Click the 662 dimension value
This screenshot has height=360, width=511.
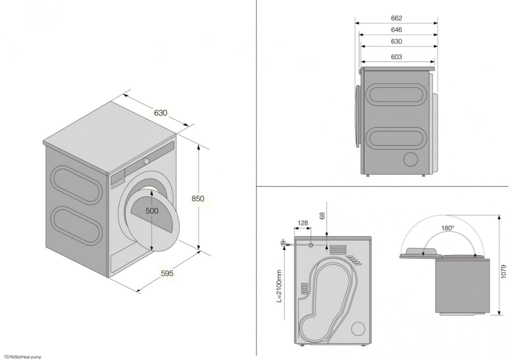click(396, 18)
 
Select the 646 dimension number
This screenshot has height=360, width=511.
click(396, 30)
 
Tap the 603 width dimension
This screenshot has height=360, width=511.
click(396, 57)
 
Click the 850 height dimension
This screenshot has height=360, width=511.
click(198, 198)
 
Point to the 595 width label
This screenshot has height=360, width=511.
click(167, 273)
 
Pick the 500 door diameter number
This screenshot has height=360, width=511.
click(152, 211)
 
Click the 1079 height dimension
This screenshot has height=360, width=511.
click(504, 271)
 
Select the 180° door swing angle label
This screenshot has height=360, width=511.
click(448, 228)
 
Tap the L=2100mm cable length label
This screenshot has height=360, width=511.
click(279, 286)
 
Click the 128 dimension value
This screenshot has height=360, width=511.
click(303, 223)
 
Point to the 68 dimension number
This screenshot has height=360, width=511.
click(322, 215)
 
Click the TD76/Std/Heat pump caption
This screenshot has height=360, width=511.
click(23, 357)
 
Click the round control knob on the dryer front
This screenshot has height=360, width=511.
click(146, 161)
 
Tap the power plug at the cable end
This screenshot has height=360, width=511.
click(283, 243)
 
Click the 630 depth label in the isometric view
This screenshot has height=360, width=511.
click(160, 113)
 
